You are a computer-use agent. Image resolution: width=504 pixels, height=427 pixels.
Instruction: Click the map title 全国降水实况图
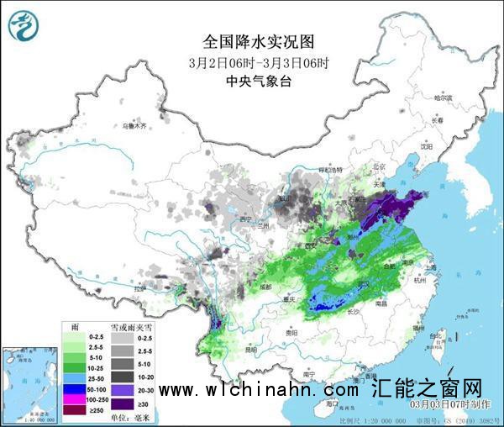click(252, 40)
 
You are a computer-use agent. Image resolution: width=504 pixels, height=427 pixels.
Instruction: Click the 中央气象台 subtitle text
click(252, 82)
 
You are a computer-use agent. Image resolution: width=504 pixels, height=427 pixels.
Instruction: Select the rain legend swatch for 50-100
click(73, 390)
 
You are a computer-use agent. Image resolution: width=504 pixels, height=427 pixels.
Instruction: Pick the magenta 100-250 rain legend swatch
click(73, 400)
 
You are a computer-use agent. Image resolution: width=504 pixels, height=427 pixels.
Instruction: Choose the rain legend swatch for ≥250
click(73, 411)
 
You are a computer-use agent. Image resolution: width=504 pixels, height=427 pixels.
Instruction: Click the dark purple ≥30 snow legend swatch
click(121, 404)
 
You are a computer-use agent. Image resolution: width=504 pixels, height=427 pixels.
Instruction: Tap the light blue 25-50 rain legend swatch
click(73, 379)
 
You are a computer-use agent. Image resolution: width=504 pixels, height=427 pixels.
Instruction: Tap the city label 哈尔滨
click(443, 98)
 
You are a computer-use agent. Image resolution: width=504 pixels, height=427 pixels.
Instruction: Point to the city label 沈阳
click(427, 145)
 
